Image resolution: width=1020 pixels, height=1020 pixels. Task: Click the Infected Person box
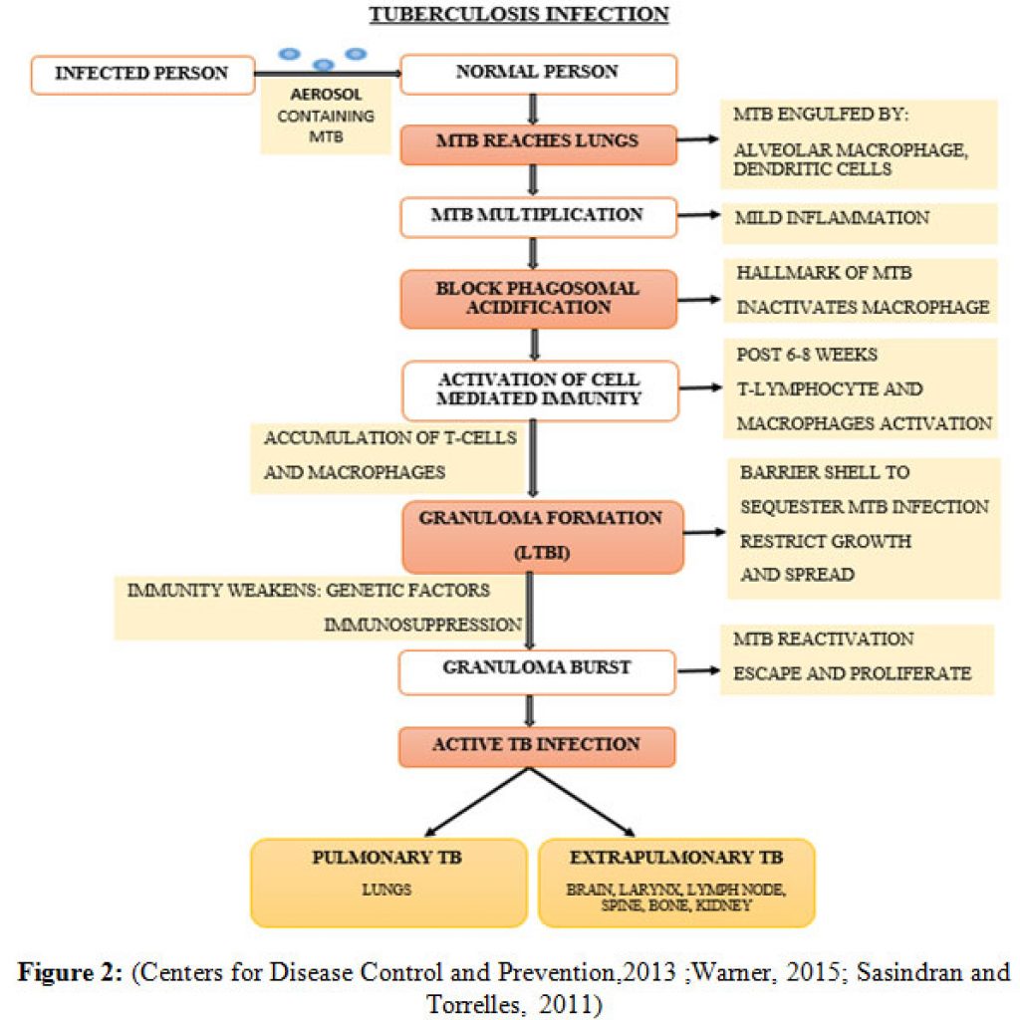pos(142,76)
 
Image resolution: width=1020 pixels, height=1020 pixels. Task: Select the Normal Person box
pos(538,74)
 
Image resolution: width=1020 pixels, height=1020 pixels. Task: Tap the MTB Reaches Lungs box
pos(538,143)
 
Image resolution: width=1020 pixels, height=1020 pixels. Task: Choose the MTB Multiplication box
pos(538,217)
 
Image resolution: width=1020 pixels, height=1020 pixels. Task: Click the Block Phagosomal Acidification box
pos(538,299)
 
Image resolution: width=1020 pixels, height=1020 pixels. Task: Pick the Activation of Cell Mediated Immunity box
pos(540,390)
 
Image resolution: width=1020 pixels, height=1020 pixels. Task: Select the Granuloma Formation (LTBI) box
pos(543,537)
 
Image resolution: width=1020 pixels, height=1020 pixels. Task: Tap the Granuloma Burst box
pos(537,672)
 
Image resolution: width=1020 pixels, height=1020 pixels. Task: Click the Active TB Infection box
pos(537,747)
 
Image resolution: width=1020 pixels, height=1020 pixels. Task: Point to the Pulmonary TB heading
pos(387,858)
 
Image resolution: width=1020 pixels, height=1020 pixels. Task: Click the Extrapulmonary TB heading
pos(676,858)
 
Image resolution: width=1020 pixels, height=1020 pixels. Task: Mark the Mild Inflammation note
pos(832,218)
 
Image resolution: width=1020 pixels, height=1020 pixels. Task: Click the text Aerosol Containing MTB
pos(326,116)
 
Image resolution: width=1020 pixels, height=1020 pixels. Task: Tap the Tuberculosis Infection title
pos(519,14)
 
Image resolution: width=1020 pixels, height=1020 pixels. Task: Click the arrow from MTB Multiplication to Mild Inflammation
pos(698,215)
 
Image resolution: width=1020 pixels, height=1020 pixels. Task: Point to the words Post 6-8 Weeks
pos(807,355)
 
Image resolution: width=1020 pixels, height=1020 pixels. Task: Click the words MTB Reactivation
pos(824,638)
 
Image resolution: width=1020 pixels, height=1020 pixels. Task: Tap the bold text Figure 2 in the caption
pos(70,972)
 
